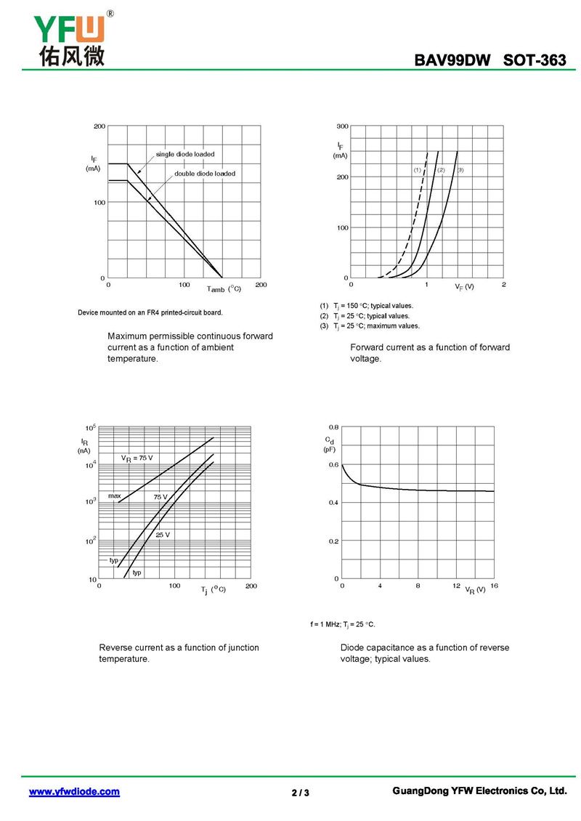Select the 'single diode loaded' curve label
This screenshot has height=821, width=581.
click(185, 154)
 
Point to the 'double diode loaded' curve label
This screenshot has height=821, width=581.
click(205, 174)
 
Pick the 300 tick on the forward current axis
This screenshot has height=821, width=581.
click(343, 126)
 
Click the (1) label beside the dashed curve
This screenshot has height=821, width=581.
click(418, 170)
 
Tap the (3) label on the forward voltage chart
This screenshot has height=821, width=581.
click(460, 170)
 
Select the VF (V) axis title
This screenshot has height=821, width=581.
click(464, 287)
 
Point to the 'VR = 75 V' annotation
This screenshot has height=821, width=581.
click(137, 458)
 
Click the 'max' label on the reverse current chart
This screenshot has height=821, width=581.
click(115, 496)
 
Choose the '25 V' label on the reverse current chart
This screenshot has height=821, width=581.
click(163, 535)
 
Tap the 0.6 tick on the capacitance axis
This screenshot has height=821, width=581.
click(333, 464)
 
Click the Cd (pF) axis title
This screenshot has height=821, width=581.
click(330, 445)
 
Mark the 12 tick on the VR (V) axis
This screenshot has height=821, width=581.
click(456, 586)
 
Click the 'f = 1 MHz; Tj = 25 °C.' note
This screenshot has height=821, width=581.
click(343, 624)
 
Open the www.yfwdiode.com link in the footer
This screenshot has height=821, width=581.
click(74, 791)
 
